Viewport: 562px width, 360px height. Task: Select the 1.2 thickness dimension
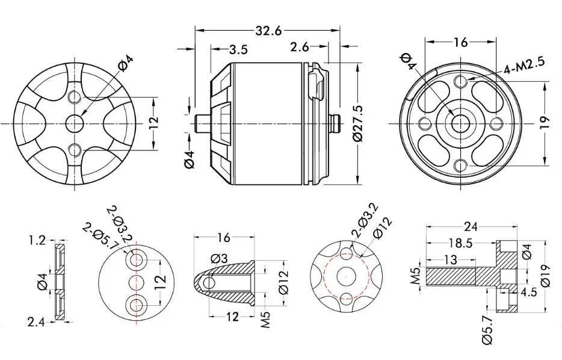coord(37,241)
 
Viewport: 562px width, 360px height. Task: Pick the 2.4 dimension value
coord(37,322)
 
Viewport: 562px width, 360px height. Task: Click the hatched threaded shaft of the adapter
coord(451,276)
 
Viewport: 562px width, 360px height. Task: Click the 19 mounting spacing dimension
coord(544,123)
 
